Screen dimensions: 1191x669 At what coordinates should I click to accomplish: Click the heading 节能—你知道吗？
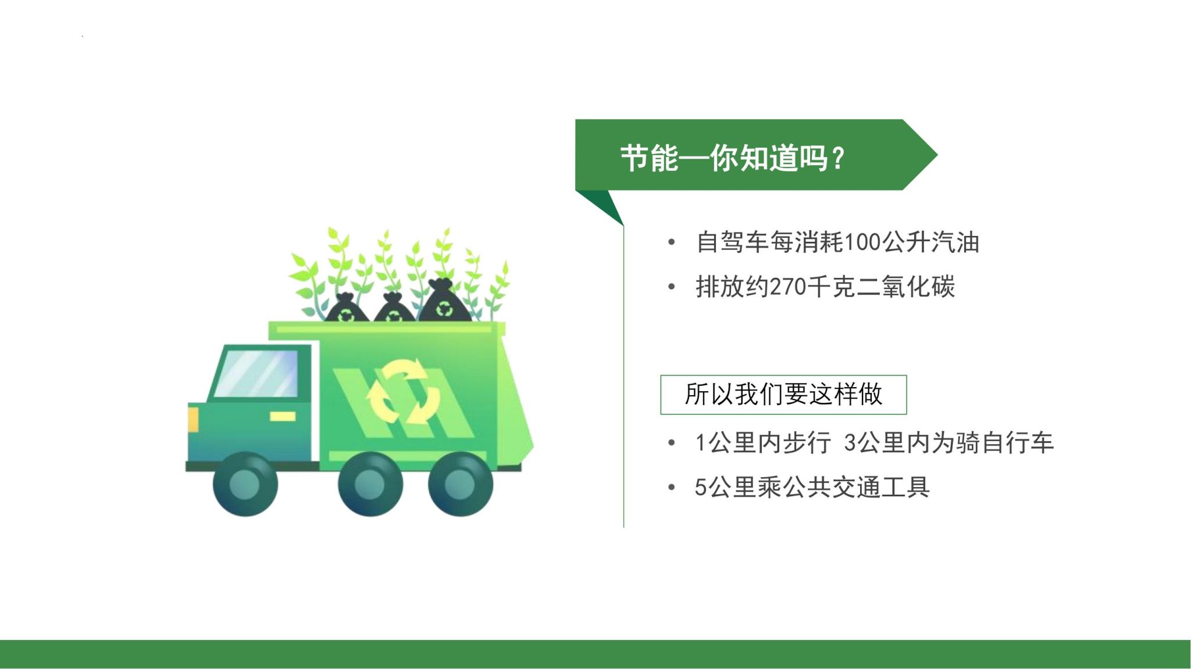[733, 158]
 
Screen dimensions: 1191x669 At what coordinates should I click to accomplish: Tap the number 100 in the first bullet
[862, 242]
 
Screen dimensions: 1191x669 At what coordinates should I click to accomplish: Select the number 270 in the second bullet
[788, 287]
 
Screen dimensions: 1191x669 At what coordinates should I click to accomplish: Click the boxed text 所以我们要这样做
[783, 394]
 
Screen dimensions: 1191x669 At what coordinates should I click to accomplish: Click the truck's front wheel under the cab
[245, 484]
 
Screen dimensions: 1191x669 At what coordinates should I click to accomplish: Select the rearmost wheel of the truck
[460, 484]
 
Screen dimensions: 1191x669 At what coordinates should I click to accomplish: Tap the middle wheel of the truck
[370, 484]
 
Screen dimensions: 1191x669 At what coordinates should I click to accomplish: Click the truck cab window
[256, 374]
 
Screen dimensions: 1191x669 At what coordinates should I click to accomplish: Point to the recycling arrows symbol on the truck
[402, 392]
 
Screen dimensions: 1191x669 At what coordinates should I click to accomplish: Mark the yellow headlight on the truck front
[192, 419]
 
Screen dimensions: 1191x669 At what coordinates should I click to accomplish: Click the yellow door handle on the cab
[283, 416]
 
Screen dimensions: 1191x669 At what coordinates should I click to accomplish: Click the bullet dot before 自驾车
[672, 242]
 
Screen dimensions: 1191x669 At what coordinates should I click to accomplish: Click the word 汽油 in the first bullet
[955, 242]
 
